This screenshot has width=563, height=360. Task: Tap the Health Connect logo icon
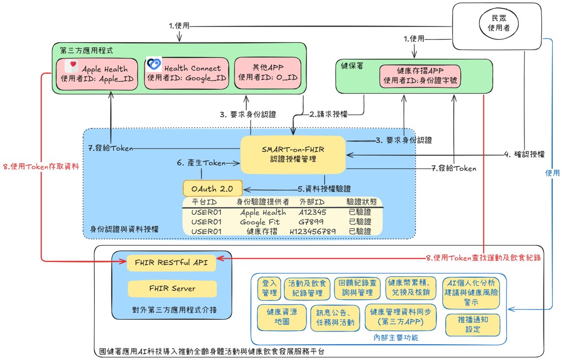154,65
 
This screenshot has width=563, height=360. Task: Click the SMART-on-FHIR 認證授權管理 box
293,154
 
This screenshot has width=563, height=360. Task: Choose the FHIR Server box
172,288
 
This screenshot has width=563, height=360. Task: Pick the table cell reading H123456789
313,231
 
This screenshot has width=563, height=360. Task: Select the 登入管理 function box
269,288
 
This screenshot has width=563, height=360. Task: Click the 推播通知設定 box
472,324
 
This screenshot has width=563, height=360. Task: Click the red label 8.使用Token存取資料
42,167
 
